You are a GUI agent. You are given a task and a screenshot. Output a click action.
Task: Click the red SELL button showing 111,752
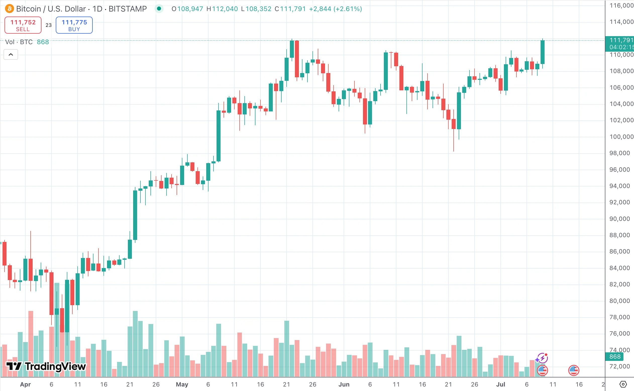(x=23, y=25)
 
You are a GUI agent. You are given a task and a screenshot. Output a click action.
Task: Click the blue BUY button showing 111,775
(x=74, y=25)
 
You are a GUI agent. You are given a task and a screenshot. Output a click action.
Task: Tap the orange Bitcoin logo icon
(x=10, y=9)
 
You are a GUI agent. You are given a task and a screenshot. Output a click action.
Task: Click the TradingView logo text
(x=46, y=366)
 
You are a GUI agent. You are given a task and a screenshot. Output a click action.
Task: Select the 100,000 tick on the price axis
(x=621, y=137)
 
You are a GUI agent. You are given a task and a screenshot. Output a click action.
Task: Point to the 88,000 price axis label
(x=619, y=235)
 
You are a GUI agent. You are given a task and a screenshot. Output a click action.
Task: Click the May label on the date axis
(x=182, y=384)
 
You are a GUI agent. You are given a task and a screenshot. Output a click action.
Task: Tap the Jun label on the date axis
(x=344, y=384)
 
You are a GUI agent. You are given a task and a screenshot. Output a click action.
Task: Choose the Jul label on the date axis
(x=500, y=384)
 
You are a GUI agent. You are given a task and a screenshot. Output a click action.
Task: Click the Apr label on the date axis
(x=25, y=384)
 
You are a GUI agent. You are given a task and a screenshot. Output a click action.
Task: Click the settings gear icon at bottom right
(x=623, y=384)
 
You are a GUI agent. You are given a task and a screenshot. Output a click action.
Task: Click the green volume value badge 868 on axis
(x=615, y=357)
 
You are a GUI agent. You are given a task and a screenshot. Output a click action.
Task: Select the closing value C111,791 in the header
(x=290, y=9)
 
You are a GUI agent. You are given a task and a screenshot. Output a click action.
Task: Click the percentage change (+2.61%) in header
(x=348, y=9)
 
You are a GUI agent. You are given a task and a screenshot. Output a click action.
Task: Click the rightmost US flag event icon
(x=573, y=370)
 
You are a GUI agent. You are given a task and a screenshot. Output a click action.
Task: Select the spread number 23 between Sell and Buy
(x=48, y=25)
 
